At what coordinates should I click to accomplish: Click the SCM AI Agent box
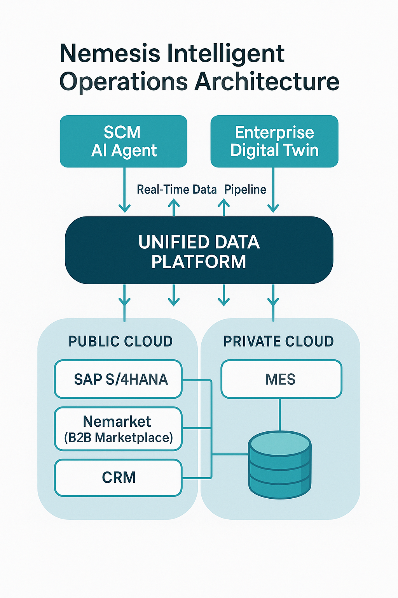tap(124, 141)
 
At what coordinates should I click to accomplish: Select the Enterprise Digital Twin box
tap(274, 141)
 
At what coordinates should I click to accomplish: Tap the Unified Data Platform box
tap(199, 250)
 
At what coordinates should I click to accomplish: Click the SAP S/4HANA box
tap(119, 379)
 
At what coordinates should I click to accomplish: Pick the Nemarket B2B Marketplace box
tap(119, 429)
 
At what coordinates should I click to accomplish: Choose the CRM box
tap(119, 478)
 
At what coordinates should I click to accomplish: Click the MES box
tap(281, 379)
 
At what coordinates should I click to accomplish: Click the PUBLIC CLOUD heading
tap(120, 341)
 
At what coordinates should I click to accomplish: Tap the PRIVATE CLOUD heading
tap(279, 341)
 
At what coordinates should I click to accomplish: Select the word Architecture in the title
tap(267, 82)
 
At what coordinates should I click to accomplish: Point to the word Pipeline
tap(245, 190)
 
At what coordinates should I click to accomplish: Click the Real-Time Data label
tap(176, 190)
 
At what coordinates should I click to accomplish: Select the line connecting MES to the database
tap(280, 414)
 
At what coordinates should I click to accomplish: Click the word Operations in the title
tap(124, 82)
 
